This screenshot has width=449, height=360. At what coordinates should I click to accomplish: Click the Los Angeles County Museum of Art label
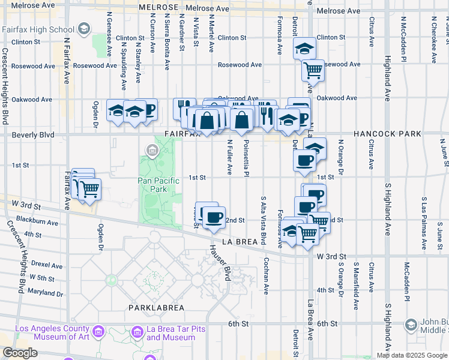(x=50, y=332)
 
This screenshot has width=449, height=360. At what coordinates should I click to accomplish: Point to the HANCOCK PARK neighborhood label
(x=387, y=134)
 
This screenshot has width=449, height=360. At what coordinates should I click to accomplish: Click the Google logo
(x=20, y=353)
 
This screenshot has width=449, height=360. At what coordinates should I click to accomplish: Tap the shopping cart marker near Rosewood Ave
(x=313, y=70)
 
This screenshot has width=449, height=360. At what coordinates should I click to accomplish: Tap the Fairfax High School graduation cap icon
(x=83, y=28)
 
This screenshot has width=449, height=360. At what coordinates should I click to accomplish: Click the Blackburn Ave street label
(x=37, y=223)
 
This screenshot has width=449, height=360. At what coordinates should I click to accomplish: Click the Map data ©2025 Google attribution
(x=412, y=355)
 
